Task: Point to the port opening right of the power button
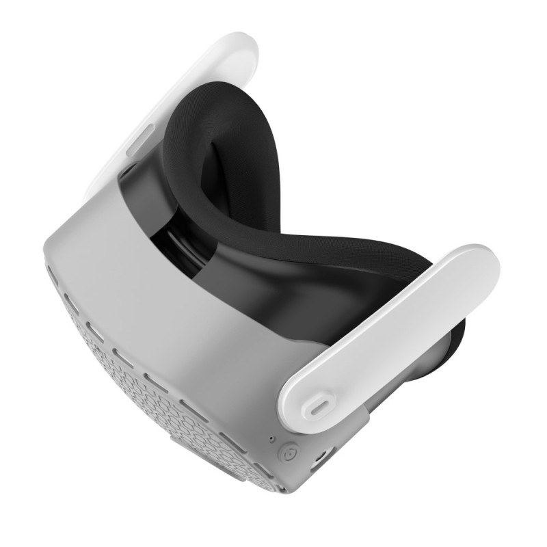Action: (319, 457)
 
